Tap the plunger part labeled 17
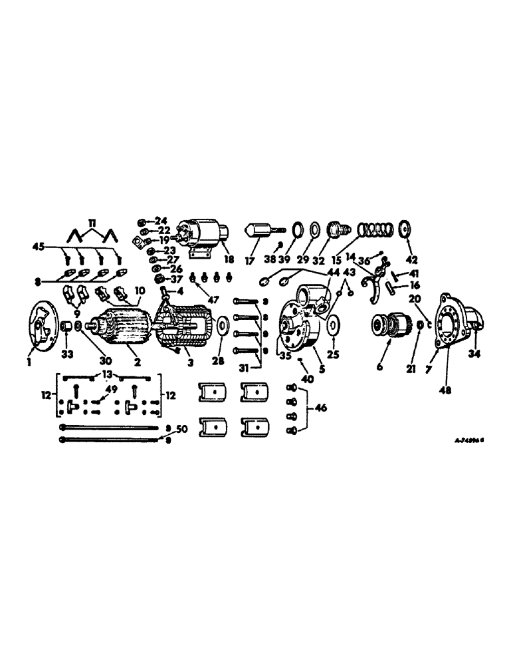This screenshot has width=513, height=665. click(258, 232)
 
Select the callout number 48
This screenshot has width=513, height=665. click(445, 390)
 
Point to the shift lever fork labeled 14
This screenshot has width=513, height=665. click(377, 277)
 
